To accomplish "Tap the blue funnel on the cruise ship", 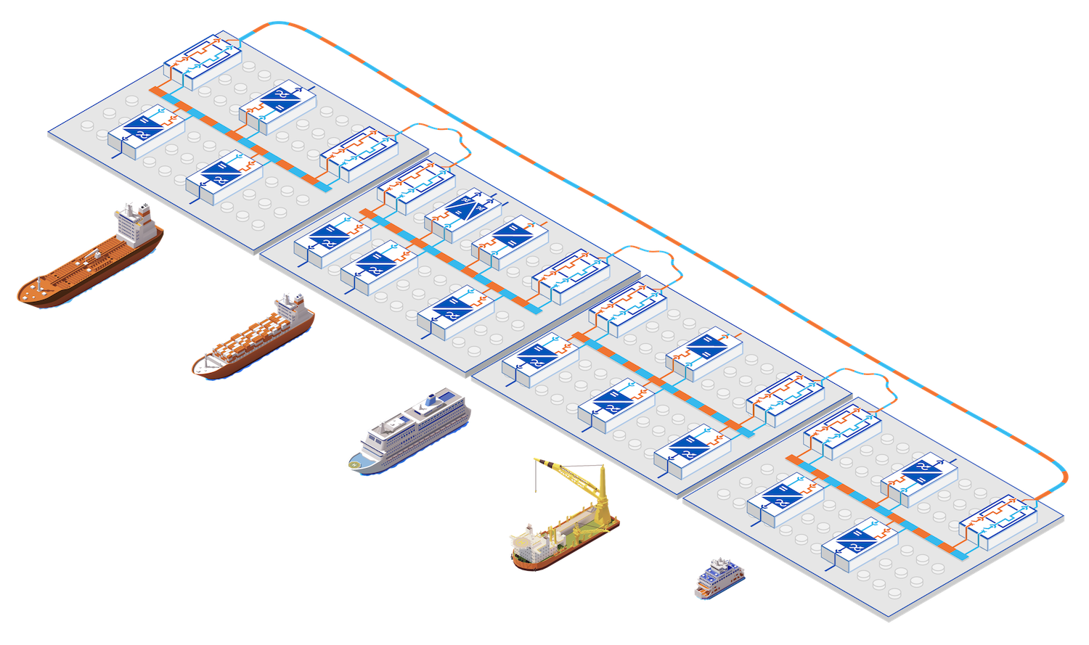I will coord(434,398).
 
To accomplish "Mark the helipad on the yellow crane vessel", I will coord(518,541).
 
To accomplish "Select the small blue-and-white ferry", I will coord(716,577).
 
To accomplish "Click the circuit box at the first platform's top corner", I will coord(202,60).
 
